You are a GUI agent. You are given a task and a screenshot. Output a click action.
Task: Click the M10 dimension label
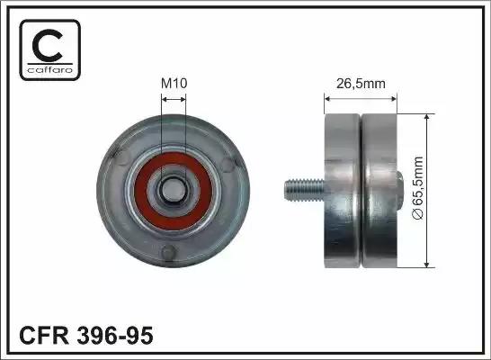tap(174, 84)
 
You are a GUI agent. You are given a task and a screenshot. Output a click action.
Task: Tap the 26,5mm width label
tap(361, 84)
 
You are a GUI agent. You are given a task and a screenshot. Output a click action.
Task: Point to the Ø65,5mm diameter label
tap(418, 188)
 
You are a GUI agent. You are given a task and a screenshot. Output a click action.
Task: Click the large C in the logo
tap(48, 45)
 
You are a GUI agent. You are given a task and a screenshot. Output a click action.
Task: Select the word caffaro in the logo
tap(50, 69)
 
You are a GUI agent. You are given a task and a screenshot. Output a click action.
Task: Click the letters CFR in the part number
tap(44, 335)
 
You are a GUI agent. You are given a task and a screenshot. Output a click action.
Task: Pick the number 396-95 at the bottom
tap(115, 335)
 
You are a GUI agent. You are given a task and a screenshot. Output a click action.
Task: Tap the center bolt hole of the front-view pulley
tap(174, 189)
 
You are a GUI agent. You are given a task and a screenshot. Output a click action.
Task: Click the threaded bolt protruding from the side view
tap(304, 190)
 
